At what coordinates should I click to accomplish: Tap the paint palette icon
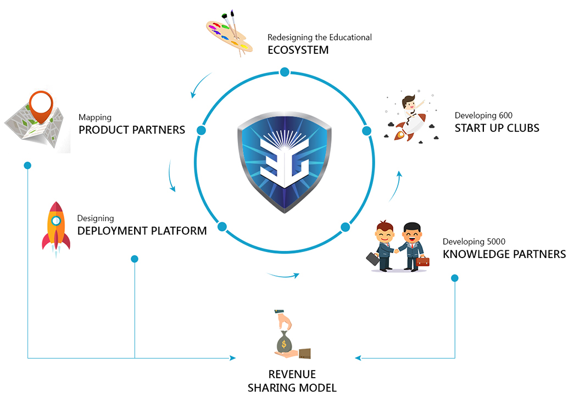pos(230,33)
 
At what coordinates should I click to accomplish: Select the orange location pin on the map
pos(41,106)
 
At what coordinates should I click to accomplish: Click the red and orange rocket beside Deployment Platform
pos(56,229)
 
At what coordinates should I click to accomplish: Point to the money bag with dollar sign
pos(284,343)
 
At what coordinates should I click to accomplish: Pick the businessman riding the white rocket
pos(411,117)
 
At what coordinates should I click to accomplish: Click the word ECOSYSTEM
pos(298,50)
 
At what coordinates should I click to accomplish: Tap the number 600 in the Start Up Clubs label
pos(505,115)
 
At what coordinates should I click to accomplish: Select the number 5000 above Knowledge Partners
pos(496,242)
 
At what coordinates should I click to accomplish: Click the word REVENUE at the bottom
pos(292,374)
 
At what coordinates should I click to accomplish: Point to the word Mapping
pos(95,118)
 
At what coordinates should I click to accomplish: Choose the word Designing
pos(96,218)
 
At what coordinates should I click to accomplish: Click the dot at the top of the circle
pos(285,72)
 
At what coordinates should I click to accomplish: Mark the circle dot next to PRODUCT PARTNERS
pos(201,130)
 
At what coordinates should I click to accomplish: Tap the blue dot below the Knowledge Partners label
pos(455,278)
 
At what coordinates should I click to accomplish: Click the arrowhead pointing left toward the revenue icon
pos(358,358)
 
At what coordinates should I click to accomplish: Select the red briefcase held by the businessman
pos(422,261)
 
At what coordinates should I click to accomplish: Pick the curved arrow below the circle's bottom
pos(283,275)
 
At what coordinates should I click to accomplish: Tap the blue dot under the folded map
pos(27,166)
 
